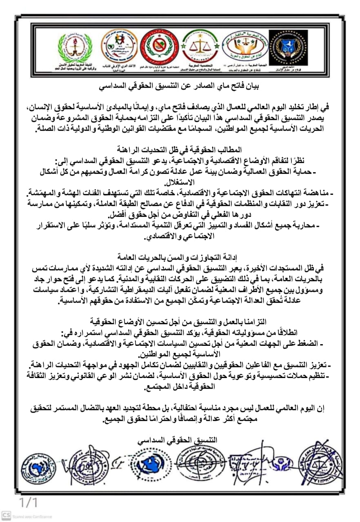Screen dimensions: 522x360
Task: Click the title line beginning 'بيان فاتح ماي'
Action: point(180,86)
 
